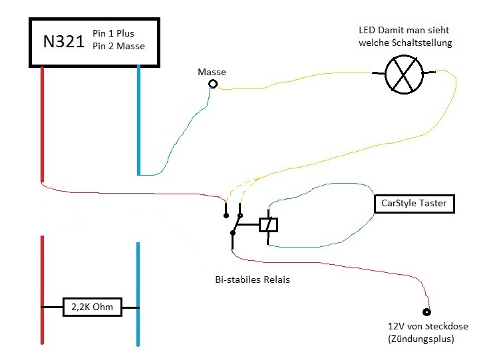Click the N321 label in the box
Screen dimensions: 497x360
(64, 41)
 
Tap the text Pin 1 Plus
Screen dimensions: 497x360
(113, 33)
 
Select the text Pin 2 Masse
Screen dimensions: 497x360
(118, 46)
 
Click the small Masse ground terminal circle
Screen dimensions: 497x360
(213, 84)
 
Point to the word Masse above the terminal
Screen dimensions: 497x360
(212, 72)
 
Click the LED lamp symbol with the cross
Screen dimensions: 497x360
(404, 74)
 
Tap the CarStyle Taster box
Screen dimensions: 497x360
(414, 204)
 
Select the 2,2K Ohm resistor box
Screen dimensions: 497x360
(92, 307)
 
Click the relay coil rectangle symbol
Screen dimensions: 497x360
(269, 225)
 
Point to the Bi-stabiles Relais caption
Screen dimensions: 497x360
(252, 279)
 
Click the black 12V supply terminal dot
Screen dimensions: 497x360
(427, 312)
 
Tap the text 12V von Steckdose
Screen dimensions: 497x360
(428, 326)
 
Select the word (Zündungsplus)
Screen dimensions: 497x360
(421, 339)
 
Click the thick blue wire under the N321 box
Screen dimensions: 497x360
(138, 120)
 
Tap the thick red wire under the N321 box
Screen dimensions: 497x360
(42, 124)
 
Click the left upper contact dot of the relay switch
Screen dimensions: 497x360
(226, 216)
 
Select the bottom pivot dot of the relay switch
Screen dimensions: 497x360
(233, 234)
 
